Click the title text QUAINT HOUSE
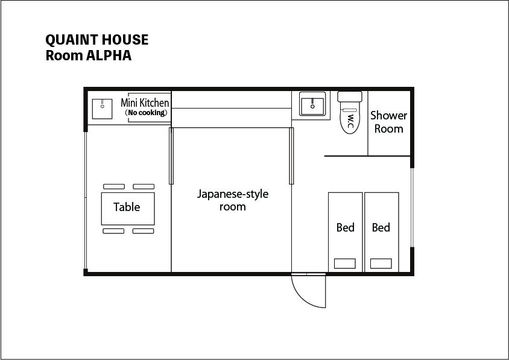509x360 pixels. coord(96,40)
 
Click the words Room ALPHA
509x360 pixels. coord(88,55)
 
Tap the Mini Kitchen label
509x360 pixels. coord(145,103)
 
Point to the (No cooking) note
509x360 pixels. coord(145,113)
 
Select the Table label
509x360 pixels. coord(127,207)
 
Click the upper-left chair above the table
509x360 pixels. coord(113,186)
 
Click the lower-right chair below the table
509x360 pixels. coord(144,231)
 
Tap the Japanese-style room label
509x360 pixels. coord(232,200)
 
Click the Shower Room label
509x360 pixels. coord(388,121)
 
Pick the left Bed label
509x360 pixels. coord(345,227)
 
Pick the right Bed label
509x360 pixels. coord(381,227)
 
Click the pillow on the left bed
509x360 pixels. coord(345,264)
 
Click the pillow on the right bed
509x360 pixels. coord(381,264)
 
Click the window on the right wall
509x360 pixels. coord(413,207)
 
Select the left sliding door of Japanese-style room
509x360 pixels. coord(171,156)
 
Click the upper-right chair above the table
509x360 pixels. coord(144,186)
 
